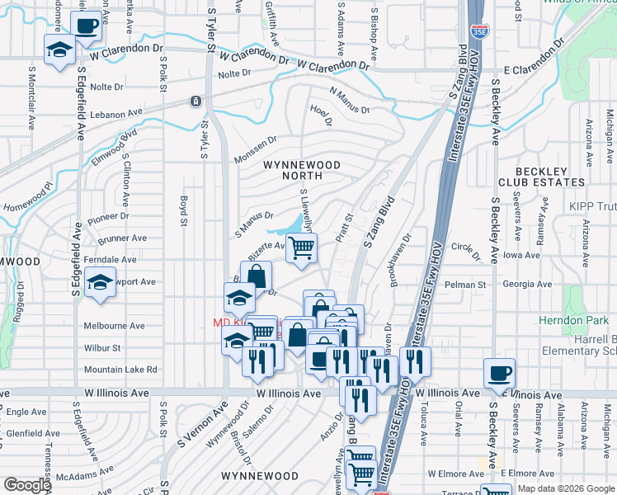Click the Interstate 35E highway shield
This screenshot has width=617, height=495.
(x=478, y=32)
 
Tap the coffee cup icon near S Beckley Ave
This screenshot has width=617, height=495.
(x=499, y=373)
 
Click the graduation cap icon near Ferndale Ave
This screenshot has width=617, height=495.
(x=100, y=283)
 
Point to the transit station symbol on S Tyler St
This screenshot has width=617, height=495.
(x=195, y=101)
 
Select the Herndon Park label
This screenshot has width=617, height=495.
(x=574, y=319)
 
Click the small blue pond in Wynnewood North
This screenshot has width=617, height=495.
(x=294, y=224)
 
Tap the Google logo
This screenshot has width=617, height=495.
(x=27, y=484)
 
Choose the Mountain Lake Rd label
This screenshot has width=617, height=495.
(x=120, y=370)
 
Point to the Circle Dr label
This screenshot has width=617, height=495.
(x=466, y=252)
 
